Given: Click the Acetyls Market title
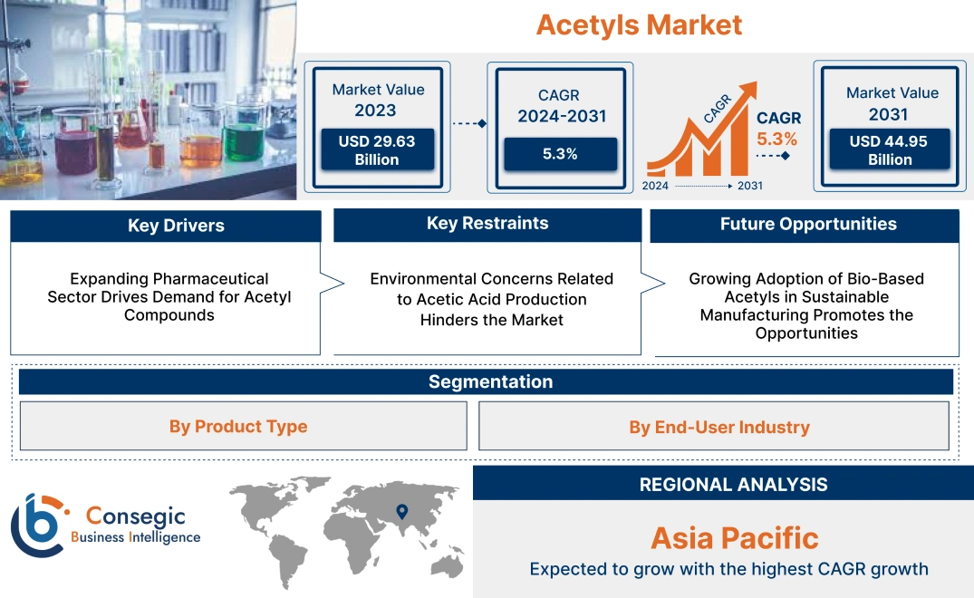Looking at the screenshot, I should tap(639, 24).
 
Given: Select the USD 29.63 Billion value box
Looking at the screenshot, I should tap(376, 149).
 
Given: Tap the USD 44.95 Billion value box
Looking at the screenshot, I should tap(890, 149).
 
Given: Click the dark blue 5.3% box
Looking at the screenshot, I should tap(560, 154).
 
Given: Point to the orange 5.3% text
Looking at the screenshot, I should tap(776, 139).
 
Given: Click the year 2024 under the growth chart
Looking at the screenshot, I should tap(656, 186).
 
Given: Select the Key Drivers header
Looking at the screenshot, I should tap(176, 226).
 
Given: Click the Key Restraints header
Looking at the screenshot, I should tap(487, 224).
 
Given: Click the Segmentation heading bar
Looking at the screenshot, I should tap(490, 381).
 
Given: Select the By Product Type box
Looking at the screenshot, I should tap(238, 427).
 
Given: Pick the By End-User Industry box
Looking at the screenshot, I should tap(718, 427).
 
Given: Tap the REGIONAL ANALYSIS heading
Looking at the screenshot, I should tap(733, 485).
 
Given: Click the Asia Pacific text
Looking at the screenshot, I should tap(734, 538).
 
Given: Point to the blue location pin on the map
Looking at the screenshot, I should tap(401, 512).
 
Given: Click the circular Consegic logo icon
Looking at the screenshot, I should tap(38, 526).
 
